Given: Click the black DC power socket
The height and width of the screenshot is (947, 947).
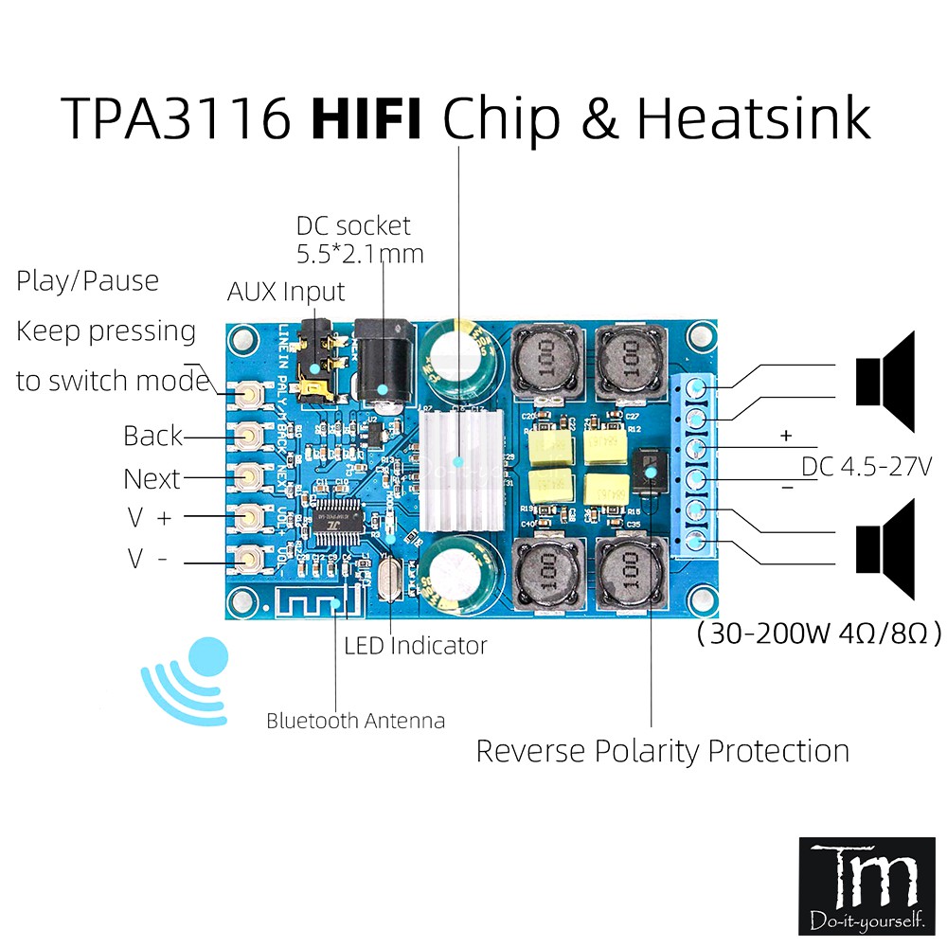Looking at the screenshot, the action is click(382, 365).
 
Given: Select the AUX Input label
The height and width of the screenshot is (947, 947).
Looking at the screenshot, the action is click(286, 291).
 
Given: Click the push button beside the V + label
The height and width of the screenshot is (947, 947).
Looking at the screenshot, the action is click(250, 516).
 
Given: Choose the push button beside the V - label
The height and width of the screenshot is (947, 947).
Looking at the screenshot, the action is click(250, 559).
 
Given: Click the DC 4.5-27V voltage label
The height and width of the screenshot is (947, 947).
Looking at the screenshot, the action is click(867, 467).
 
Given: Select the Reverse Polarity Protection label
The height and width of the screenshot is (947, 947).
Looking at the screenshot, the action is click(662, 751).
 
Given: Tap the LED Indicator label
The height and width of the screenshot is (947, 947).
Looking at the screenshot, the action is click(415, 646).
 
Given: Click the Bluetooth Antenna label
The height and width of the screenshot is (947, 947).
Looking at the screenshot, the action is click(355, 721).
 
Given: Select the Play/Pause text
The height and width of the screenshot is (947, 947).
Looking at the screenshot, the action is click(88, 281).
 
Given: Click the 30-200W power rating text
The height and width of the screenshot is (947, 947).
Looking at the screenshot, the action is click(818, 634).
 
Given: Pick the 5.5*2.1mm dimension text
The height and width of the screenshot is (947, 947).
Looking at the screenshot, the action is click(359, 254).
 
